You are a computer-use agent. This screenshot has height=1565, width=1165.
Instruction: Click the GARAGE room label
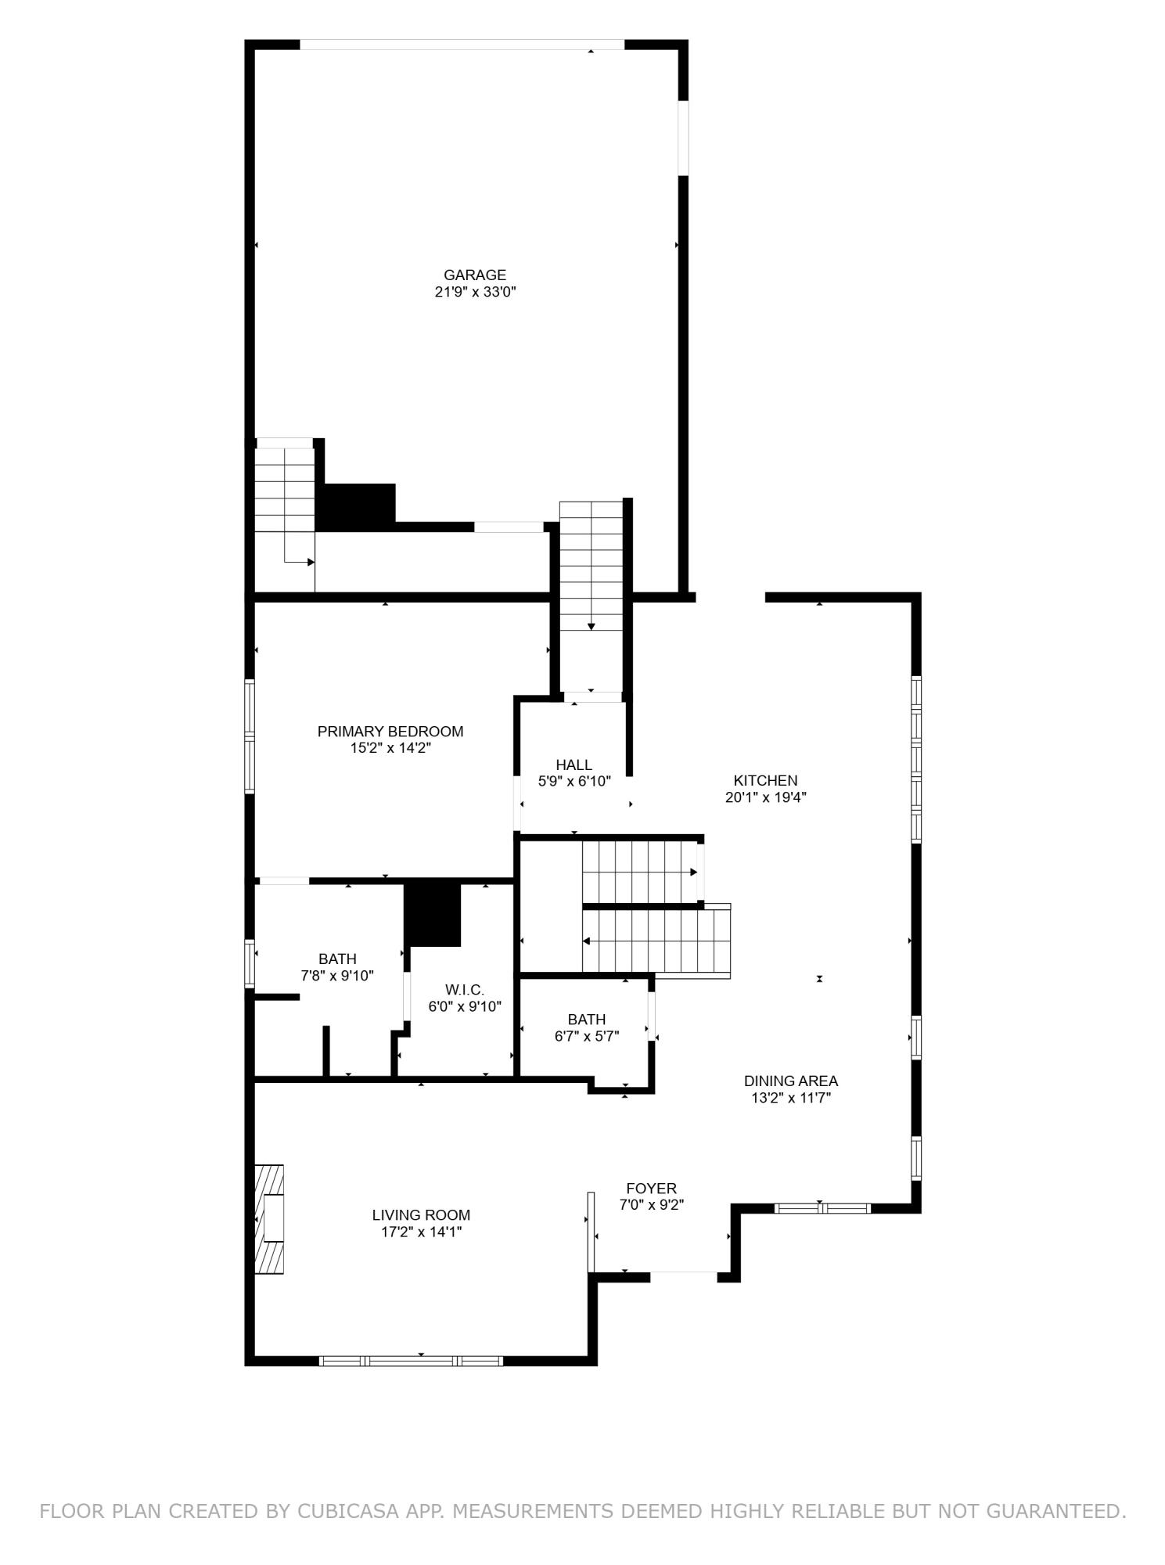pyautogui.click(x=474, y=275)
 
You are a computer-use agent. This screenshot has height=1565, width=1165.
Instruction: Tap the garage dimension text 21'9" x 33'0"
pyautogui.click(x=475, y=292)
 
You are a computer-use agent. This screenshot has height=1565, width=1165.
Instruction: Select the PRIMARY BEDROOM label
pyautogui.click(x=390, y=731)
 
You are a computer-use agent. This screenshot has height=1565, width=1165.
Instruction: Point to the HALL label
pyautogui.click(x=574, y=765)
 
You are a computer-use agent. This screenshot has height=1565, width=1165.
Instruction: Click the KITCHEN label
pyautogui.click(x=765, y=780)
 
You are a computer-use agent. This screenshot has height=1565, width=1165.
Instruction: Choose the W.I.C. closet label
pyautogui.click(x=464, y=990)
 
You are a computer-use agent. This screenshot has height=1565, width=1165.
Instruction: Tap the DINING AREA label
pyautogui.click(x=790, y=1081)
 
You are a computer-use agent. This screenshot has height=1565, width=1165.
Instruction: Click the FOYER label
pyautogui.click(x=651, y=1189)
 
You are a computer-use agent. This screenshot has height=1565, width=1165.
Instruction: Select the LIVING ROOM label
pyautogui.click(x=421, y=1215)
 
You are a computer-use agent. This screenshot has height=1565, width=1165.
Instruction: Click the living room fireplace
pyautogui.click(x=269, y=1219)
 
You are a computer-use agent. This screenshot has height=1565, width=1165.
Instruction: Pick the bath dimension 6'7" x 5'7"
pyautogui.click(x=586, y=1036)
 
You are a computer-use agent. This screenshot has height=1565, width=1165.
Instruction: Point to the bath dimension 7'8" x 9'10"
pyautogui.click(x=337, y=976)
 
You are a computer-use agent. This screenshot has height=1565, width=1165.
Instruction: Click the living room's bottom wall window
pyautogui.click(x=411, y=1361)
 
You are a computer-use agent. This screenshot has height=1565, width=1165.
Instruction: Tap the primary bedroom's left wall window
pyautogui.click(x=250, y=736)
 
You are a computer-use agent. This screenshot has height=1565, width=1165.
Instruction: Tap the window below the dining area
pyautogui.click(x=822, y=1208)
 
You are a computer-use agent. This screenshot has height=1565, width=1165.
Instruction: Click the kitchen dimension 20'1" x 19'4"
pyautogui.click(x=765, y=797)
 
